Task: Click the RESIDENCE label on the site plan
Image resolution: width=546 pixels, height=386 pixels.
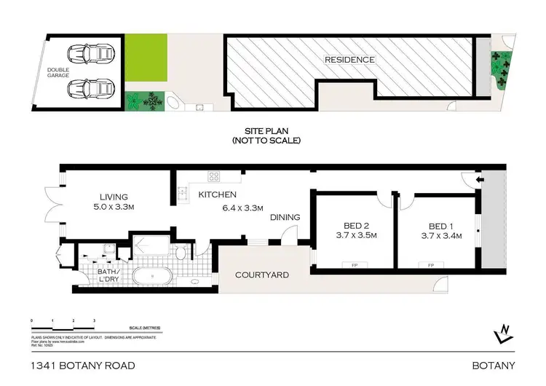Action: coord(349,60)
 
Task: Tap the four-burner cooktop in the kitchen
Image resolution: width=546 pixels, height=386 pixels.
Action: coord(215,176)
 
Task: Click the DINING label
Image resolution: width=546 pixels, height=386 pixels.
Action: coord(285,217)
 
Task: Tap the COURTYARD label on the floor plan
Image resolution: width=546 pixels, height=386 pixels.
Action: coord(262,275)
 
